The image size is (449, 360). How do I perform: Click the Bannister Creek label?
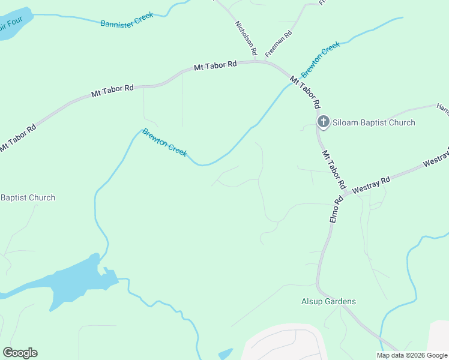click(127, 19)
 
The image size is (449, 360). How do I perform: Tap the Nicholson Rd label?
click(246, 37)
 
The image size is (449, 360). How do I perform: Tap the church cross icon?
click(323, 122)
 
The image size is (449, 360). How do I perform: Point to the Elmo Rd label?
click(337, 208)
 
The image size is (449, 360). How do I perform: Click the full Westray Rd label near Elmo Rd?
click(372, 184)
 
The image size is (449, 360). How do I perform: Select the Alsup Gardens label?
click(328, 302)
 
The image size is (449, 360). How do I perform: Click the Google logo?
click(20, 353)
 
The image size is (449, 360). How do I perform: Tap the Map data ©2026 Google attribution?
click(412, 355)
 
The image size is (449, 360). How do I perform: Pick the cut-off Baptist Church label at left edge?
click(28, 197)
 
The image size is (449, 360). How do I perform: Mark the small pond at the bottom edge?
click(226, 354)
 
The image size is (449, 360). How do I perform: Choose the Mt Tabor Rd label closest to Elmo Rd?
click(334, 169)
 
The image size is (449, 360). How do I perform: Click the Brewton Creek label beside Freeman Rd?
click(321, 59)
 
